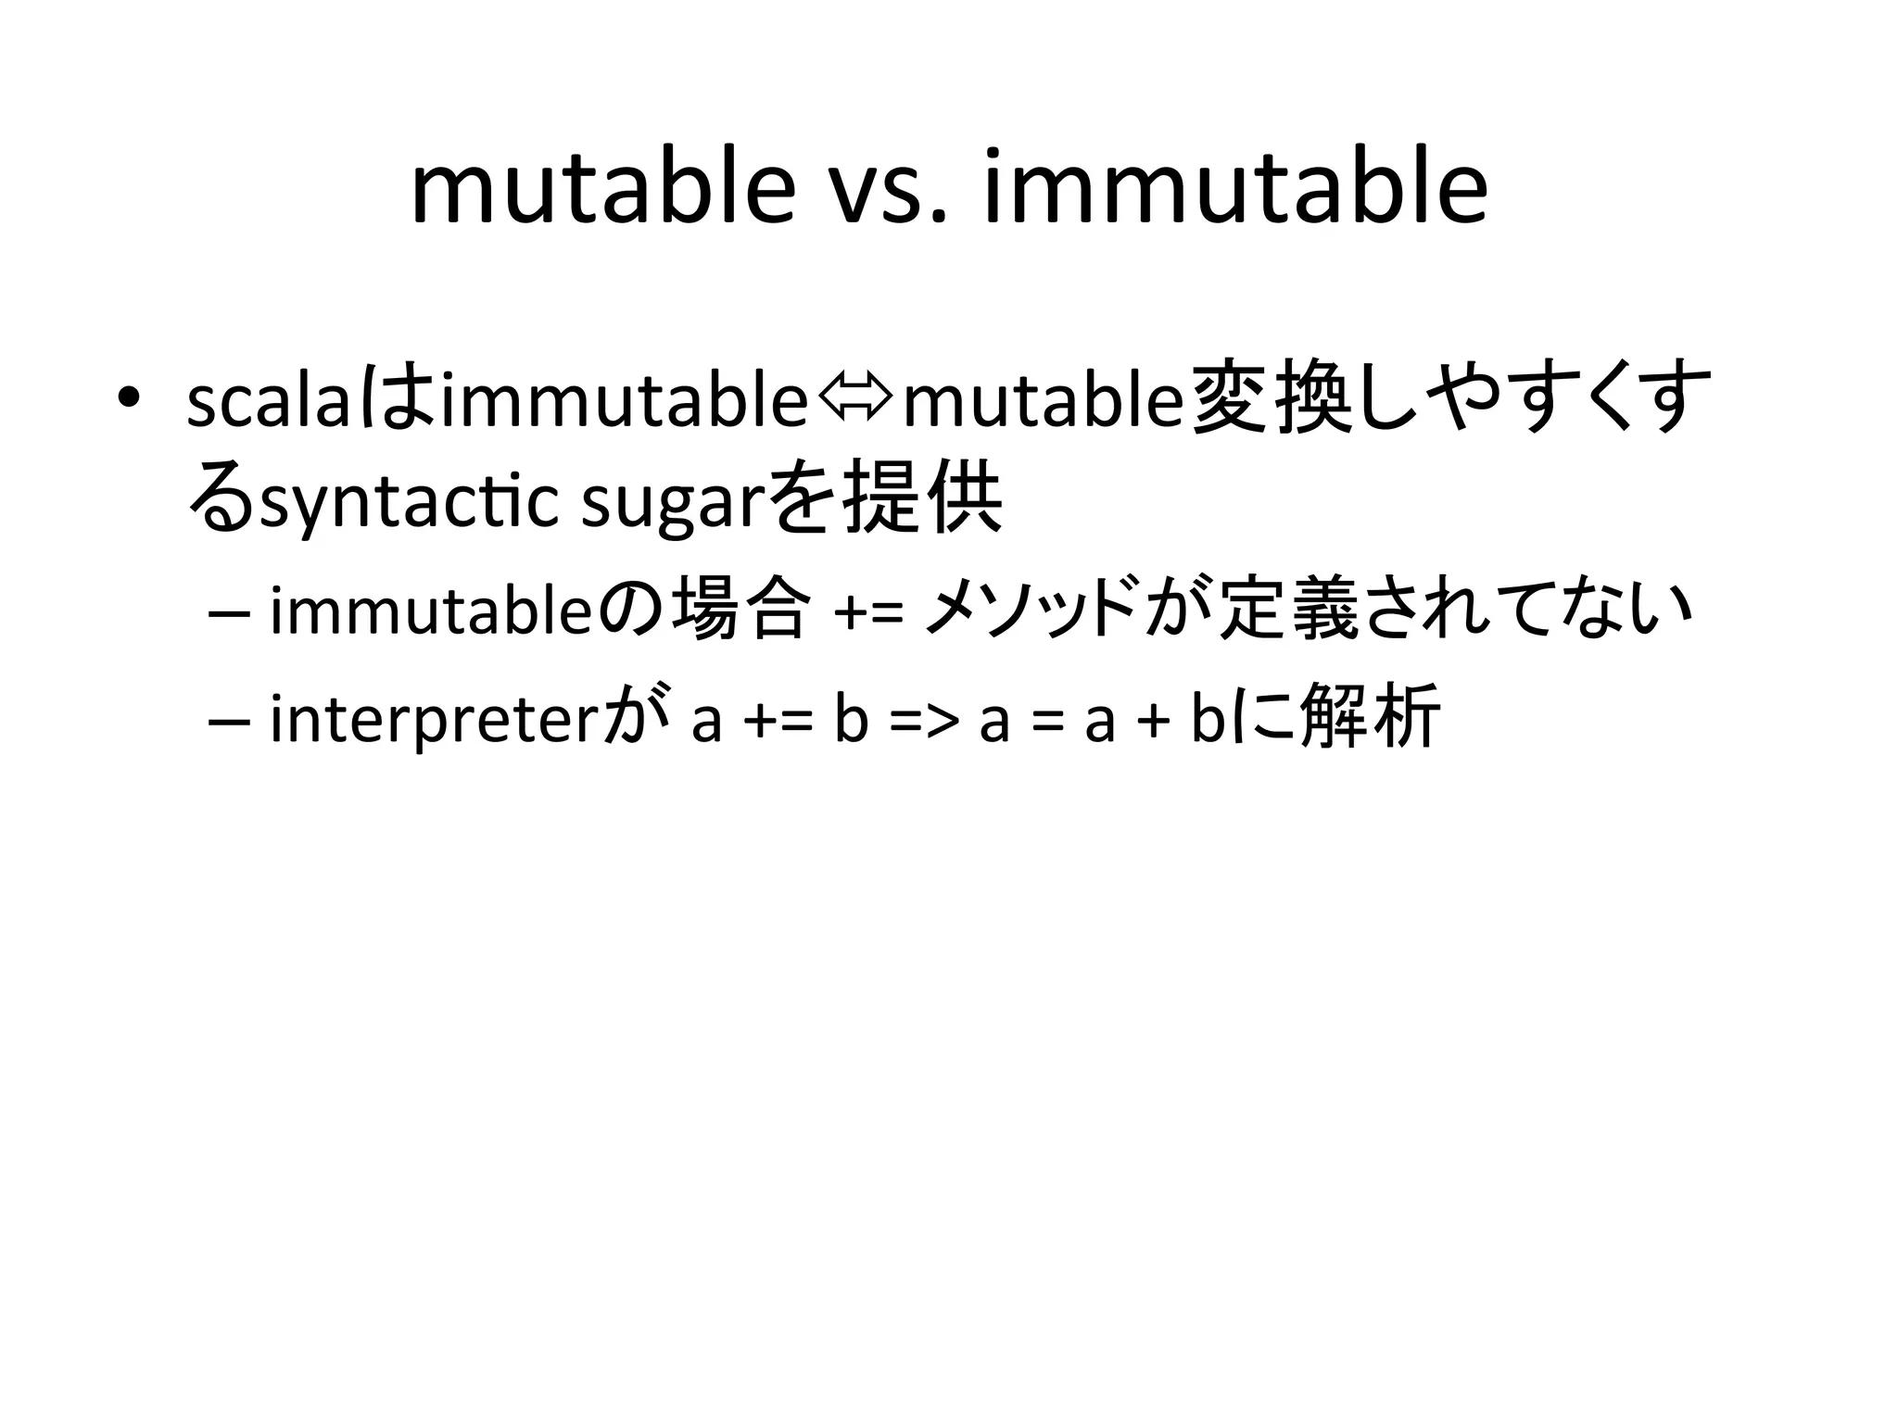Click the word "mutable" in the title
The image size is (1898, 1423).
[603, 190]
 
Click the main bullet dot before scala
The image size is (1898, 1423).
[129, 400]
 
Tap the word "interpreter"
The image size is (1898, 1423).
[431, 719]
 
